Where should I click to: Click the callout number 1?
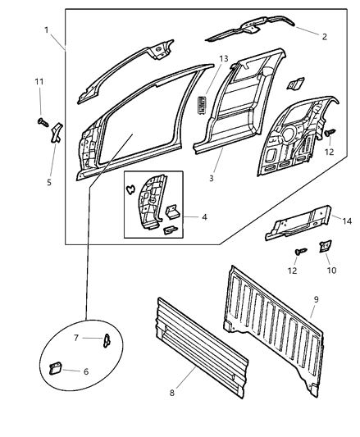[x=48, y=30]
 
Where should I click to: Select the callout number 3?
[x=212, y=176]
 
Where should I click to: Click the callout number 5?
[x=49, y=182]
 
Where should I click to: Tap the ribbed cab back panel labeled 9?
[x=275, y=324]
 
